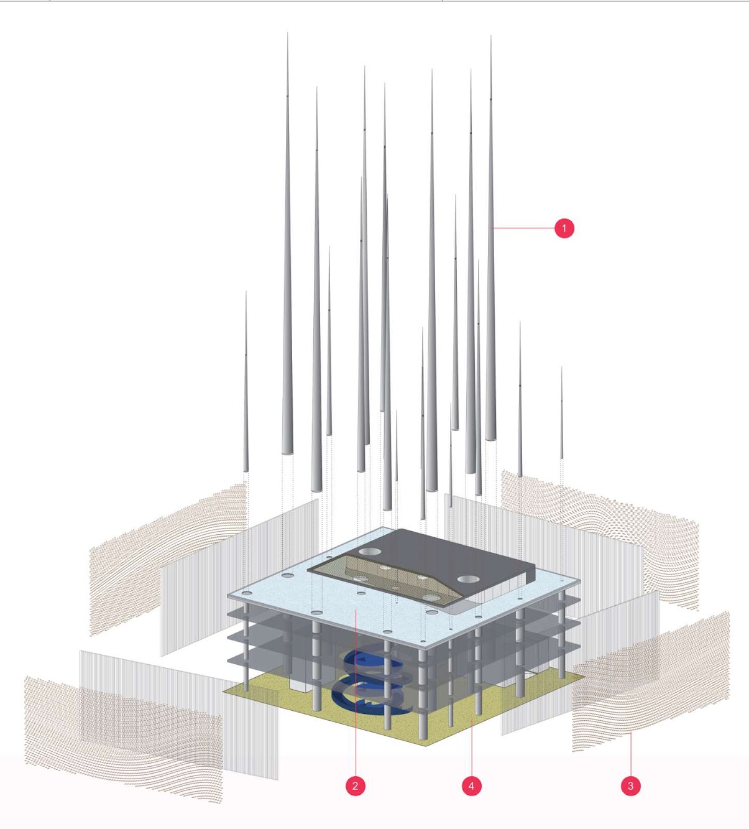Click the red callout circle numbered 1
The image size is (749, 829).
coord(564,228)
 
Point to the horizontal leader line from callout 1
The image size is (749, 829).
coord(523,228)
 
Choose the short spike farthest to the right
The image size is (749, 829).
coord(561,414)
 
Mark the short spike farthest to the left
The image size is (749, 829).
coord(246,384)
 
